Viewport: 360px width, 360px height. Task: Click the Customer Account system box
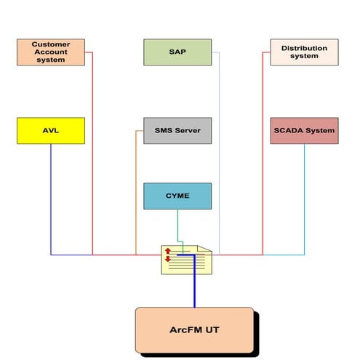pyautogui.click(x=50, y=52)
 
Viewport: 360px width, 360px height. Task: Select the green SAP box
pyautogui.click(x=177, y=52)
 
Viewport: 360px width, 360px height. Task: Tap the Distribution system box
pyautogui.click(x=304, y=52)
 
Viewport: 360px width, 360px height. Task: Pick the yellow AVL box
pyautogui.click(x=50, y=131)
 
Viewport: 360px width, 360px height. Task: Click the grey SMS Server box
pyautogui.click(x=177, y=131)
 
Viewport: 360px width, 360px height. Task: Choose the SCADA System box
pyautogui.click(x=304, y=131)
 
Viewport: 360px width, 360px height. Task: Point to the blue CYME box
pyautogui.click(x=177, y=196)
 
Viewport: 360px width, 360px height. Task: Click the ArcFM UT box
pyautogui.click(x=194, y=330)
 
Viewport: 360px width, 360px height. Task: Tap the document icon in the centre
pyautogui.click(x=187, y=260)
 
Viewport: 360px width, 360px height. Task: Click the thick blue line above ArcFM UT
pyautogui.click(x=194, y=291)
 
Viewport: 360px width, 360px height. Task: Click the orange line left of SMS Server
pyautogui.click(x=136, y=196)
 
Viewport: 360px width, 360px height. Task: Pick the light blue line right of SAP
pyautogui.click(x=219, y=145)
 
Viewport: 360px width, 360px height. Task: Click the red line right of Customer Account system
pyautogui.click(x=92, y=145)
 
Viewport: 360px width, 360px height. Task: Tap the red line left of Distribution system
pyautogui.click(x=263, y=145)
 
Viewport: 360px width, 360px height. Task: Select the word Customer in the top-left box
pyautogui.click(x=50, y=44)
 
